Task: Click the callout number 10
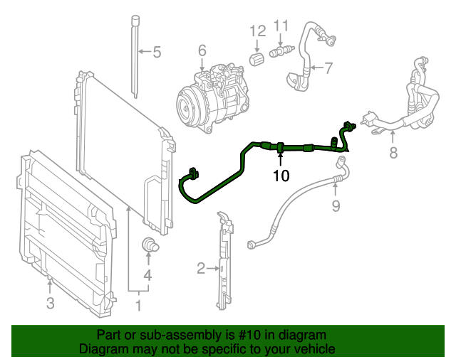(x=281, y=175)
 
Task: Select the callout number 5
(x=157, y=51)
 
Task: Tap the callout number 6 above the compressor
(x=202, y=50)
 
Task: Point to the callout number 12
(x=257, y=31)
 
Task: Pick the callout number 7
(x=328, y=69)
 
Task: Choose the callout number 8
(x=393, y=153)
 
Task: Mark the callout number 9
(x=336, y=206)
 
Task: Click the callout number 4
(x=147, y=275)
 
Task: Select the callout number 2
(x=201, y=268)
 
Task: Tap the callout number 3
(x=49, y=304)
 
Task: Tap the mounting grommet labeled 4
(x=150, y=245)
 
